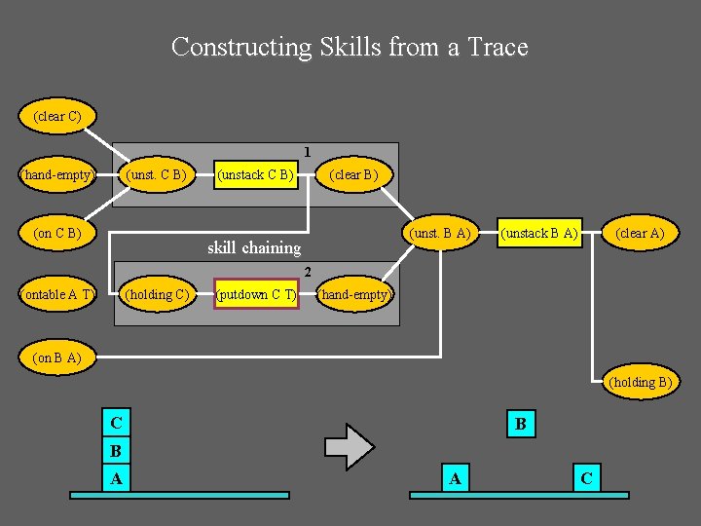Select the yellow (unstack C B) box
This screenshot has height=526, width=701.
coord(255,175)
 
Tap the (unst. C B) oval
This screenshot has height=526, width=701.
coord(157,175)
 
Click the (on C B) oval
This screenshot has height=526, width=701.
coord(56,234)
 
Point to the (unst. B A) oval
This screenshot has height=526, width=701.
coord(440,233)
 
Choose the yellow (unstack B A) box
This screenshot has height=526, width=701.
coord(538,233)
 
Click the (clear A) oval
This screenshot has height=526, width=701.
coord(639,233)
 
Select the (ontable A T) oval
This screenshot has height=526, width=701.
coord(57,294)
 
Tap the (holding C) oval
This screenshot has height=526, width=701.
coord(157,294)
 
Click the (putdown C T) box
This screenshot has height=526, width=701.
coord(256,294)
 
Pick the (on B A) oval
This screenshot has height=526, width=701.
coord(56,357)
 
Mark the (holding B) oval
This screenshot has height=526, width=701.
coord(639,382)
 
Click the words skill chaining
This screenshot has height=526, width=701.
coord(254,247)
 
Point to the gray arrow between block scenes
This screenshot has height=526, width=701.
coord(349,447)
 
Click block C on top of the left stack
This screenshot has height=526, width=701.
coord(117,424)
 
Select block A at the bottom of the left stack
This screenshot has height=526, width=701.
coord(117,478)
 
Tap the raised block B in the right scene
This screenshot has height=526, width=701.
coord(521,424)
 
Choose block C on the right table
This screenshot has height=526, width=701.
coord(586,478)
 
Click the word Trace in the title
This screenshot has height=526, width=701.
coord(498,47)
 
